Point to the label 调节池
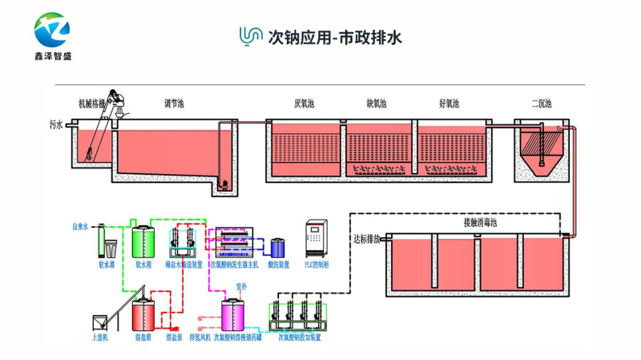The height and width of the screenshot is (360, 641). [174, 103]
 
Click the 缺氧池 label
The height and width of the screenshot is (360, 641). [377, 103]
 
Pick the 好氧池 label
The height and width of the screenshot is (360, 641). [450, 103]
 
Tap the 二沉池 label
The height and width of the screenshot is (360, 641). [542, 103]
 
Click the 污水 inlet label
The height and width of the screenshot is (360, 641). [55, 125]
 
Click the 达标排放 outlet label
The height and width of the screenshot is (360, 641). [366, 239]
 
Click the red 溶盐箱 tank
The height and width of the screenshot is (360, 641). [144, 313]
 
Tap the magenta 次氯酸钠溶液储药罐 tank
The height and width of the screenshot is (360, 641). [233, 313]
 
